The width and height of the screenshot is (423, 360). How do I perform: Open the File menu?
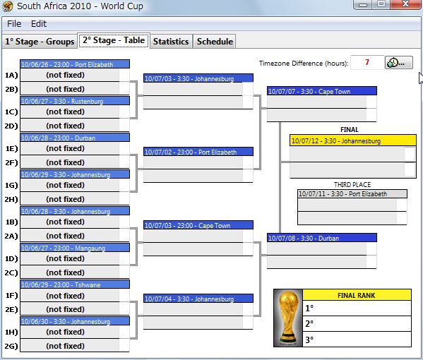point(14,24)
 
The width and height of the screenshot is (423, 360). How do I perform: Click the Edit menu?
point(39,24)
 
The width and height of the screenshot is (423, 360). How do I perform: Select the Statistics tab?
point(171,41)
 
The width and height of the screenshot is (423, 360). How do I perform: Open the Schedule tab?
point(215,41)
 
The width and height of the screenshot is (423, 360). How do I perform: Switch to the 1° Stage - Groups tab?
point(40,41)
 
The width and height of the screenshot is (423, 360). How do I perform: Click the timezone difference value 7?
point(367,63)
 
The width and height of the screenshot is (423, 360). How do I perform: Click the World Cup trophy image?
point(288,318)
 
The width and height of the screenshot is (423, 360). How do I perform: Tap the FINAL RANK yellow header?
point(357,295)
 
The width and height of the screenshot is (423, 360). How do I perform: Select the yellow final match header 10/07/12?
point(353,140)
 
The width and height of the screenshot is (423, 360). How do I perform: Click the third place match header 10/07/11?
point(352,193)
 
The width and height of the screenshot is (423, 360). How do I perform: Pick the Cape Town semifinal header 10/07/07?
point(322,91)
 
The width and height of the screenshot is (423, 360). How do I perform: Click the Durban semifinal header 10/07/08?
point(322,238)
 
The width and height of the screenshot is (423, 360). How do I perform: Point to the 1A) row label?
point(11,75)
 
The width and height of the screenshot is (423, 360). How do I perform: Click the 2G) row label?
point(11,346)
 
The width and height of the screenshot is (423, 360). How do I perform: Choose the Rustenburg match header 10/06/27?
point(75,101)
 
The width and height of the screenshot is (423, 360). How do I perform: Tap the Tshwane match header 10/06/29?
point(75,284)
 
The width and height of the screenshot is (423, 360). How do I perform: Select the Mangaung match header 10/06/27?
point(75,248)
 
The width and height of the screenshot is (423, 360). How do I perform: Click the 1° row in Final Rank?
point(357,308)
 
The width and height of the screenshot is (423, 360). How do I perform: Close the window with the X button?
point(405,4)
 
